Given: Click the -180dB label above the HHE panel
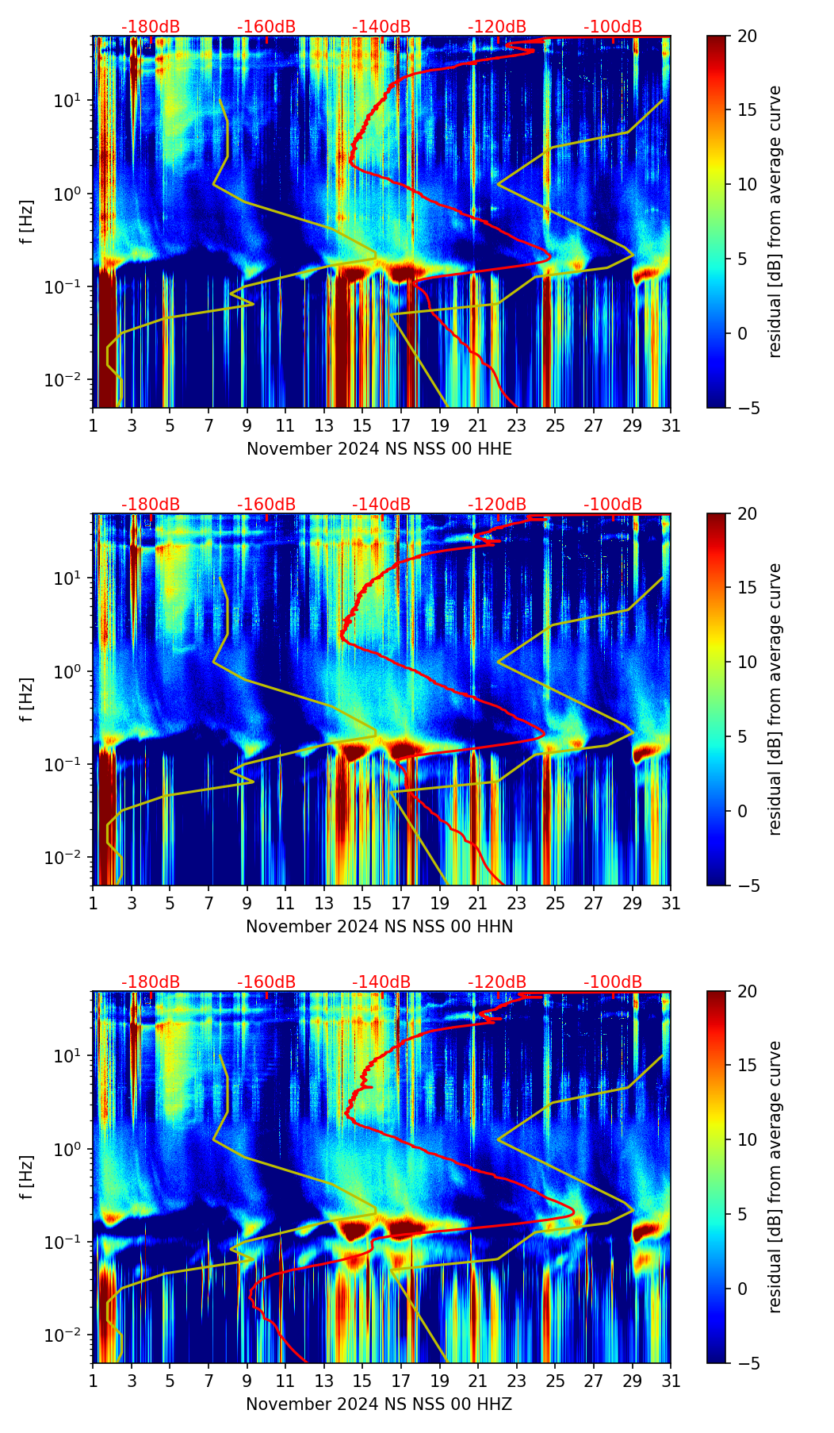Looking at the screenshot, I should point(151,27).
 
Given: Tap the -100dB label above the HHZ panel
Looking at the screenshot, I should point(613,982).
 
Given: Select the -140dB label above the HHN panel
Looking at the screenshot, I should point(381,505).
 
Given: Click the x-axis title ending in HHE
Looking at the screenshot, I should point(379,449).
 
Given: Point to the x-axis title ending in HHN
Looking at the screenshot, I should point(379,927).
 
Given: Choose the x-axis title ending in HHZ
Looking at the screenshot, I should point(379,1404).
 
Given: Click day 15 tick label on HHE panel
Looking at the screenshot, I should point(362,426).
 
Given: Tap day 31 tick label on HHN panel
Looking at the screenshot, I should point(671,904).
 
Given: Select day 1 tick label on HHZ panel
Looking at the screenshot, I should point(94,1381).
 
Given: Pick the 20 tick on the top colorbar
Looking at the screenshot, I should point(747,36).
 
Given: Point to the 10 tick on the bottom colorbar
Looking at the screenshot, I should point(747,1140).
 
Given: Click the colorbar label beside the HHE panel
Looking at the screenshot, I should point(775,221).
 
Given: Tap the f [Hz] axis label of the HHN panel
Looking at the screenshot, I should point(28,699).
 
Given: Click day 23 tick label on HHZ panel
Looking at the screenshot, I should point(516,1381).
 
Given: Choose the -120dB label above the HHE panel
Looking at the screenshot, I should point(497,27).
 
